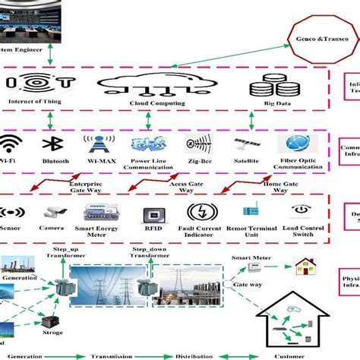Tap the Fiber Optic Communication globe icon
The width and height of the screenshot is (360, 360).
click(295, 144)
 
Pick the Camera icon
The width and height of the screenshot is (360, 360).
click(55, 213)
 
